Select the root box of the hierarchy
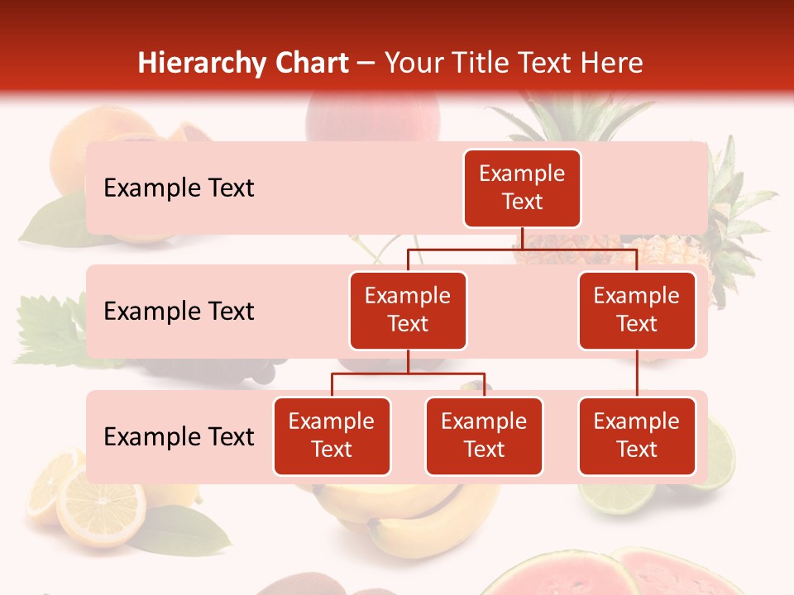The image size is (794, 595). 522,188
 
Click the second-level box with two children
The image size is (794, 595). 408,311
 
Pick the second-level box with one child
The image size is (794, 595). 637,311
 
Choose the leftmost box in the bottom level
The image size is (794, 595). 332,436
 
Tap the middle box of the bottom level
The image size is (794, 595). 484,436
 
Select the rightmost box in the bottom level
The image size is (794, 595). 637,436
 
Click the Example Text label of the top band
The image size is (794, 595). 179,188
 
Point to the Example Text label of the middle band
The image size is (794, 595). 179,312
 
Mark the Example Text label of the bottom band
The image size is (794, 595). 179,437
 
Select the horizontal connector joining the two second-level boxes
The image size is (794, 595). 522,249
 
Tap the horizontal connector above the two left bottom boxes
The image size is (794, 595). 408,374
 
